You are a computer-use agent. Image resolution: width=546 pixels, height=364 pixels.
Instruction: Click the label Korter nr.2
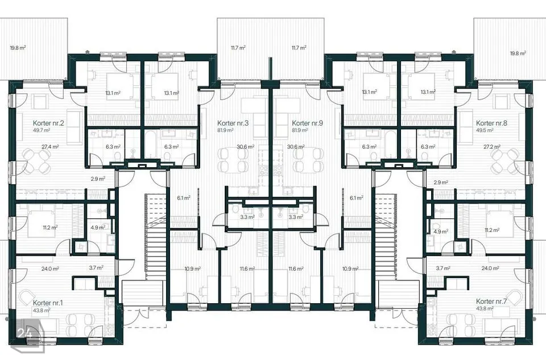click(x=48, y=123)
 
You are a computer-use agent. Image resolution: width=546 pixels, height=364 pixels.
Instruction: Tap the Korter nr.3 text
click(x=233, y=123)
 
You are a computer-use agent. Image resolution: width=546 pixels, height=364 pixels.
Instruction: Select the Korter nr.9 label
click(x=308, y=123)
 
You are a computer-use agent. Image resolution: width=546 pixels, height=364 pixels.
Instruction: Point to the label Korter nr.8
click(x=491, y=123)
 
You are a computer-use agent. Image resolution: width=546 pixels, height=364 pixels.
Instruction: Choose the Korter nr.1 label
click(x=48, y=303)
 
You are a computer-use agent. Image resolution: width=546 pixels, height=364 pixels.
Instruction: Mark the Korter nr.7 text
click(x=491, y=301)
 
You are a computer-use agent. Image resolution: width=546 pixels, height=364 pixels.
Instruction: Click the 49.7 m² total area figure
click(x=42, y=130)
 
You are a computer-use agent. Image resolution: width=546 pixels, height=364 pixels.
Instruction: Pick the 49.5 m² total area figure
click(x=485, y=130)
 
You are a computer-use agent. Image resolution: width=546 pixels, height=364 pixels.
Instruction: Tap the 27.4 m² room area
click(x=50, y=147)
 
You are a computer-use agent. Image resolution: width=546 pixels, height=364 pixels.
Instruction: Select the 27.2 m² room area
click(x=492, y=147)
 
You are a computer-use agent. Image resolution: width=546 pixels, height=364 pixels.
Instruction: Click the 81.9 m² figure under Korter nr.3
click(x=226, y=130)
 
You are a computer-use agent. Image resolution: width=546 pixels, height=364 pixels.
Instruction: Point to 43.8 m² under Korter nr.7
click(x=485, y=309)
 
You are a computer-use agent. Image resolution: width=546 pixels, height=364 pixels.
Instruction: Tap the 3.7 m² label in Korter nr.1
click(x=96, y=267)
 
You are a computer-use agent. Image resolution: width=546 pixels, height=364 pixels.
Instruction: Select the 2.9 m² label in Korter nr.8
click(x=441, y=182)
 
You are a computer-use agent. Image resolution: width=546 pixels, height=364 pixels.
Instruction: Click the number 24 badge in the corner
click(x=25, y=333)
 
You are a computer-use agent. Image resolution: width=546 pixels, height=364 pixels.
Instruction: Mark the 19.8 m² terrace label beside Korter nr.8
click(x=518, y=53)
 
